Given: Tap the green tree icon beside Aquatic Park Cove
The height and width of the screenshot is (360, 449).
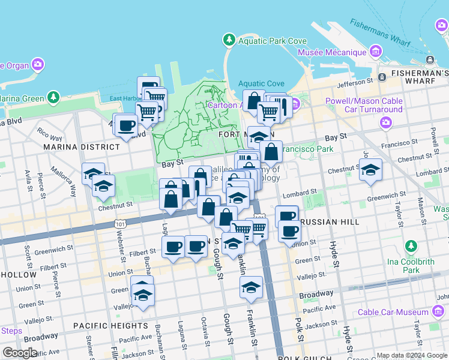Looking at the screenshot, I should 229,40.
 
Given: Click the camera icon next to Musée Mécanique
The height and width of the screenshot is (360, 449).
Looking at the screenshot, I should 376,52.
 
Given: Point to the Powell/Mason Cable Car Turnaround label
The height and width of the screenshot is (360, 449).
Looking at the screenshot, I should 364,106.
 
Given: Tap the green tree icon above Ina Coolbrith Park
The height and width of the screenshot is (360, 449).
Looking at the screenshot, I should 411,247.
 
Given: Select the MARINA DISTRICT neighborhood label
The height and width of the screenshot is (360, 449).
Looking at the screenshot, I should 81,147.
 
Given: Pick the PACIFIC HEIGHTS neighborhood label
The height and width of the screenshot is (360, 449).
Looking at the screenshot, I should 110,326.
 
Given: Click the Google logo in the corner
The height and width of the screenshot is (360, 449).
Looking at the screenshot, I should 20,352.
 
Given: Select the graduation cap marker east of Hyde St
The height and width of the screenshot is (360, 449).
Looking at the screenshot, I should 370,170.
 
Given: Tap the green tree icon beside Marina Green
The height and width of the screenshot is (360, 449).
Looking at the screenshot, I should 54,97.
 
